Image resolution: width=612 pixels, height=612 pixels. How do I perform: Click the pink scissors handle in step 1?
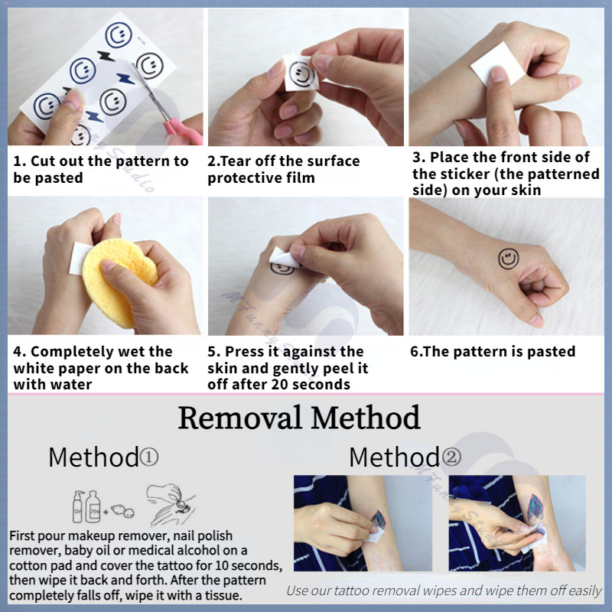(x=183, y=131)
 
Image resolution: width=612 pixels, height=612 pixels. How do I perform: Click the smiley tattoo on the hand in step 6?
(x=509, y=259)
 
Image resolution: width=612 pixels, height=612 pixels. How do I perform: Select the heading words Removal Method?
(x=299, y=418)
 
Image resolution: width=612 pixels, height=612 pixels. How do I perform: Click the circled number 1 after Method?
(x=148, y=457)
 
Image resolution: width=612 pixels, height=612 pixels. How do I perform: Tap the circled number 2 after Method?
(x=451, y=457)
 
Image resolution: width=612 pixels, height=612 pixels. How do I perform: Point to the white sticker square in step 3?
(x=498, y=63)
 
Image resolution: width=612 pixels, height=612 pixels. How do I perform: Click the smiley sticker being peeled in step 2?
(x=301, y=73)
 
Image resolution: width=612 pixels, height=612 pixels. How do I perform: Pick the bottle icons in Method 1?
(x=86, y=506)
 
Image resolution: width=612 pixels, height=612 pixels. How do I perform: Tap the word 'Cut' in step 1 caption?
(x=43, y=161)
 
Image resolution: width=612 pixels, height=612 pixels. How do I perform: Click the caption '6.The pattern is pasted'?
(x=493, y=352)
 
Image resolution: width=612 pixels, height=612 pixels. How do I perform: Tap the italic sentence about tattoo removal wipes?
(x=444, y=591)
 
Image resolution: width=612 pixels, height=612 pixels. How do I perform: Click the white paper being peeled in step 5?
(x=284, y=258)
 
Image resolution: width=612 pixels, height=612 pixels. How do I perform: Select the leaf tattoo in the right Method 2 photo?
(x=535, y=508)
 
